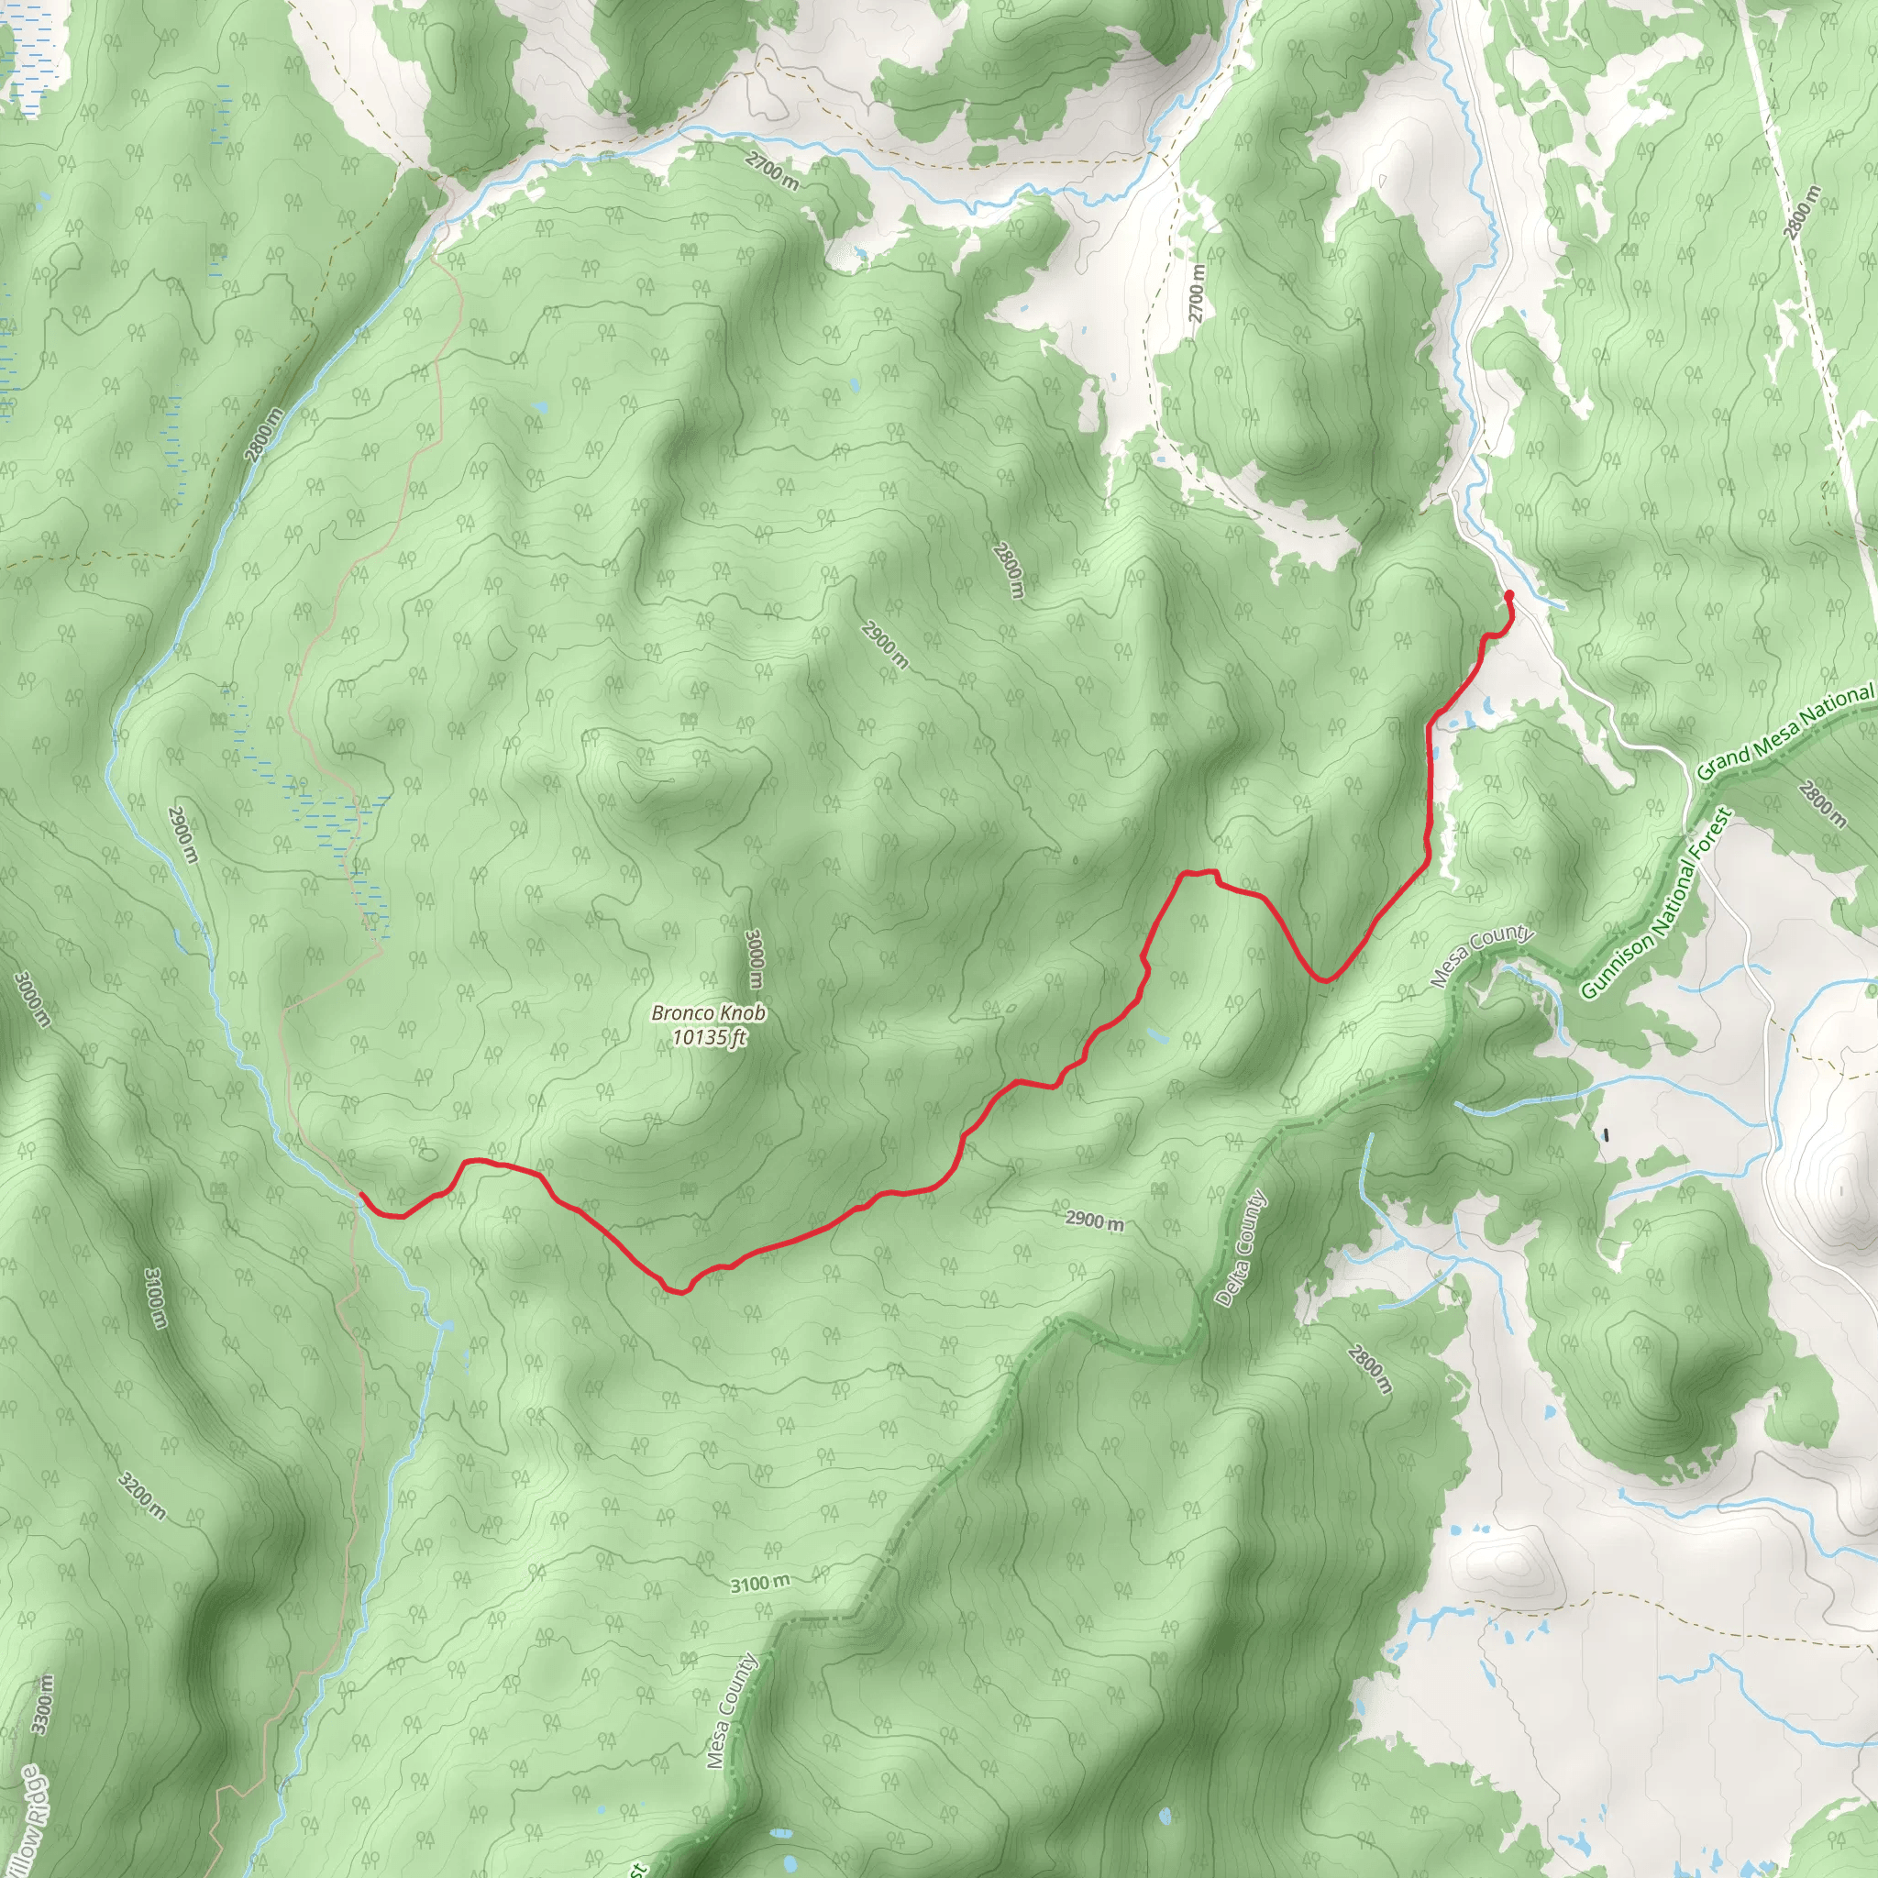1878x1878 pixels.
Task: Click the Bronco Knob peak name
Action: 709,1013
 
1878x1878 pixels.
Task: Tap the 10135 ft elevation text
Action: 709,1037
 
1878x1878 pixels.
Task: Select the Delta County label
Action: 1243,1248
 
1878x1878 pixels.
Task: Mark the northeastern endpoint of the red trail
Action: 1508,594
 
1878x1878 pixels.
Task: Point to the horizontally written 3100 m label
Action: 761,1584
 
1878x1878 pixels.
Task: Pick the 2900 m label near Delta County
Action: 1095,1220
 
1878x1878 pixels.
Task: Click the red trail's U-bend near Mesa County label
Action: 1324,978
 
